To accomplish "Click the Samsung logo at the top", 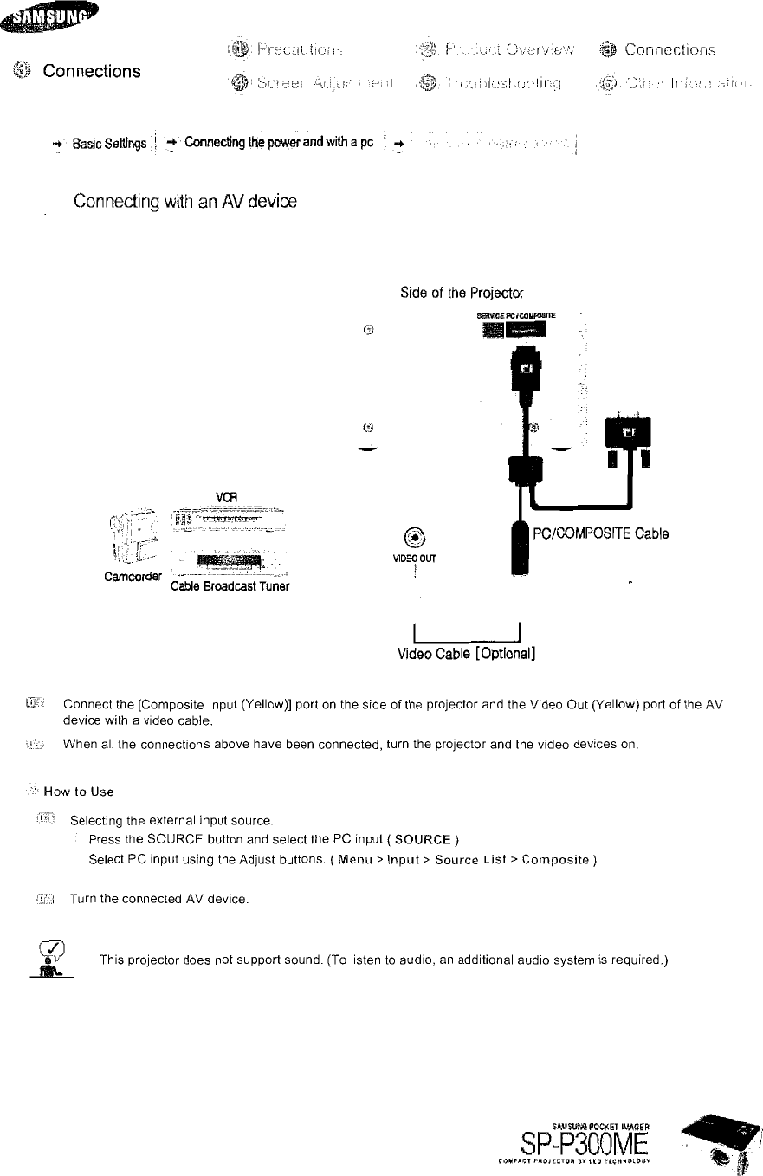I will click(50, 16).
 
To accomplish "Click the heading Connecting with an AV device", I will click(184, 202).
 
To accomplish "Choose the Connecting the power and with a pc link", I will click(278, 142).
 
